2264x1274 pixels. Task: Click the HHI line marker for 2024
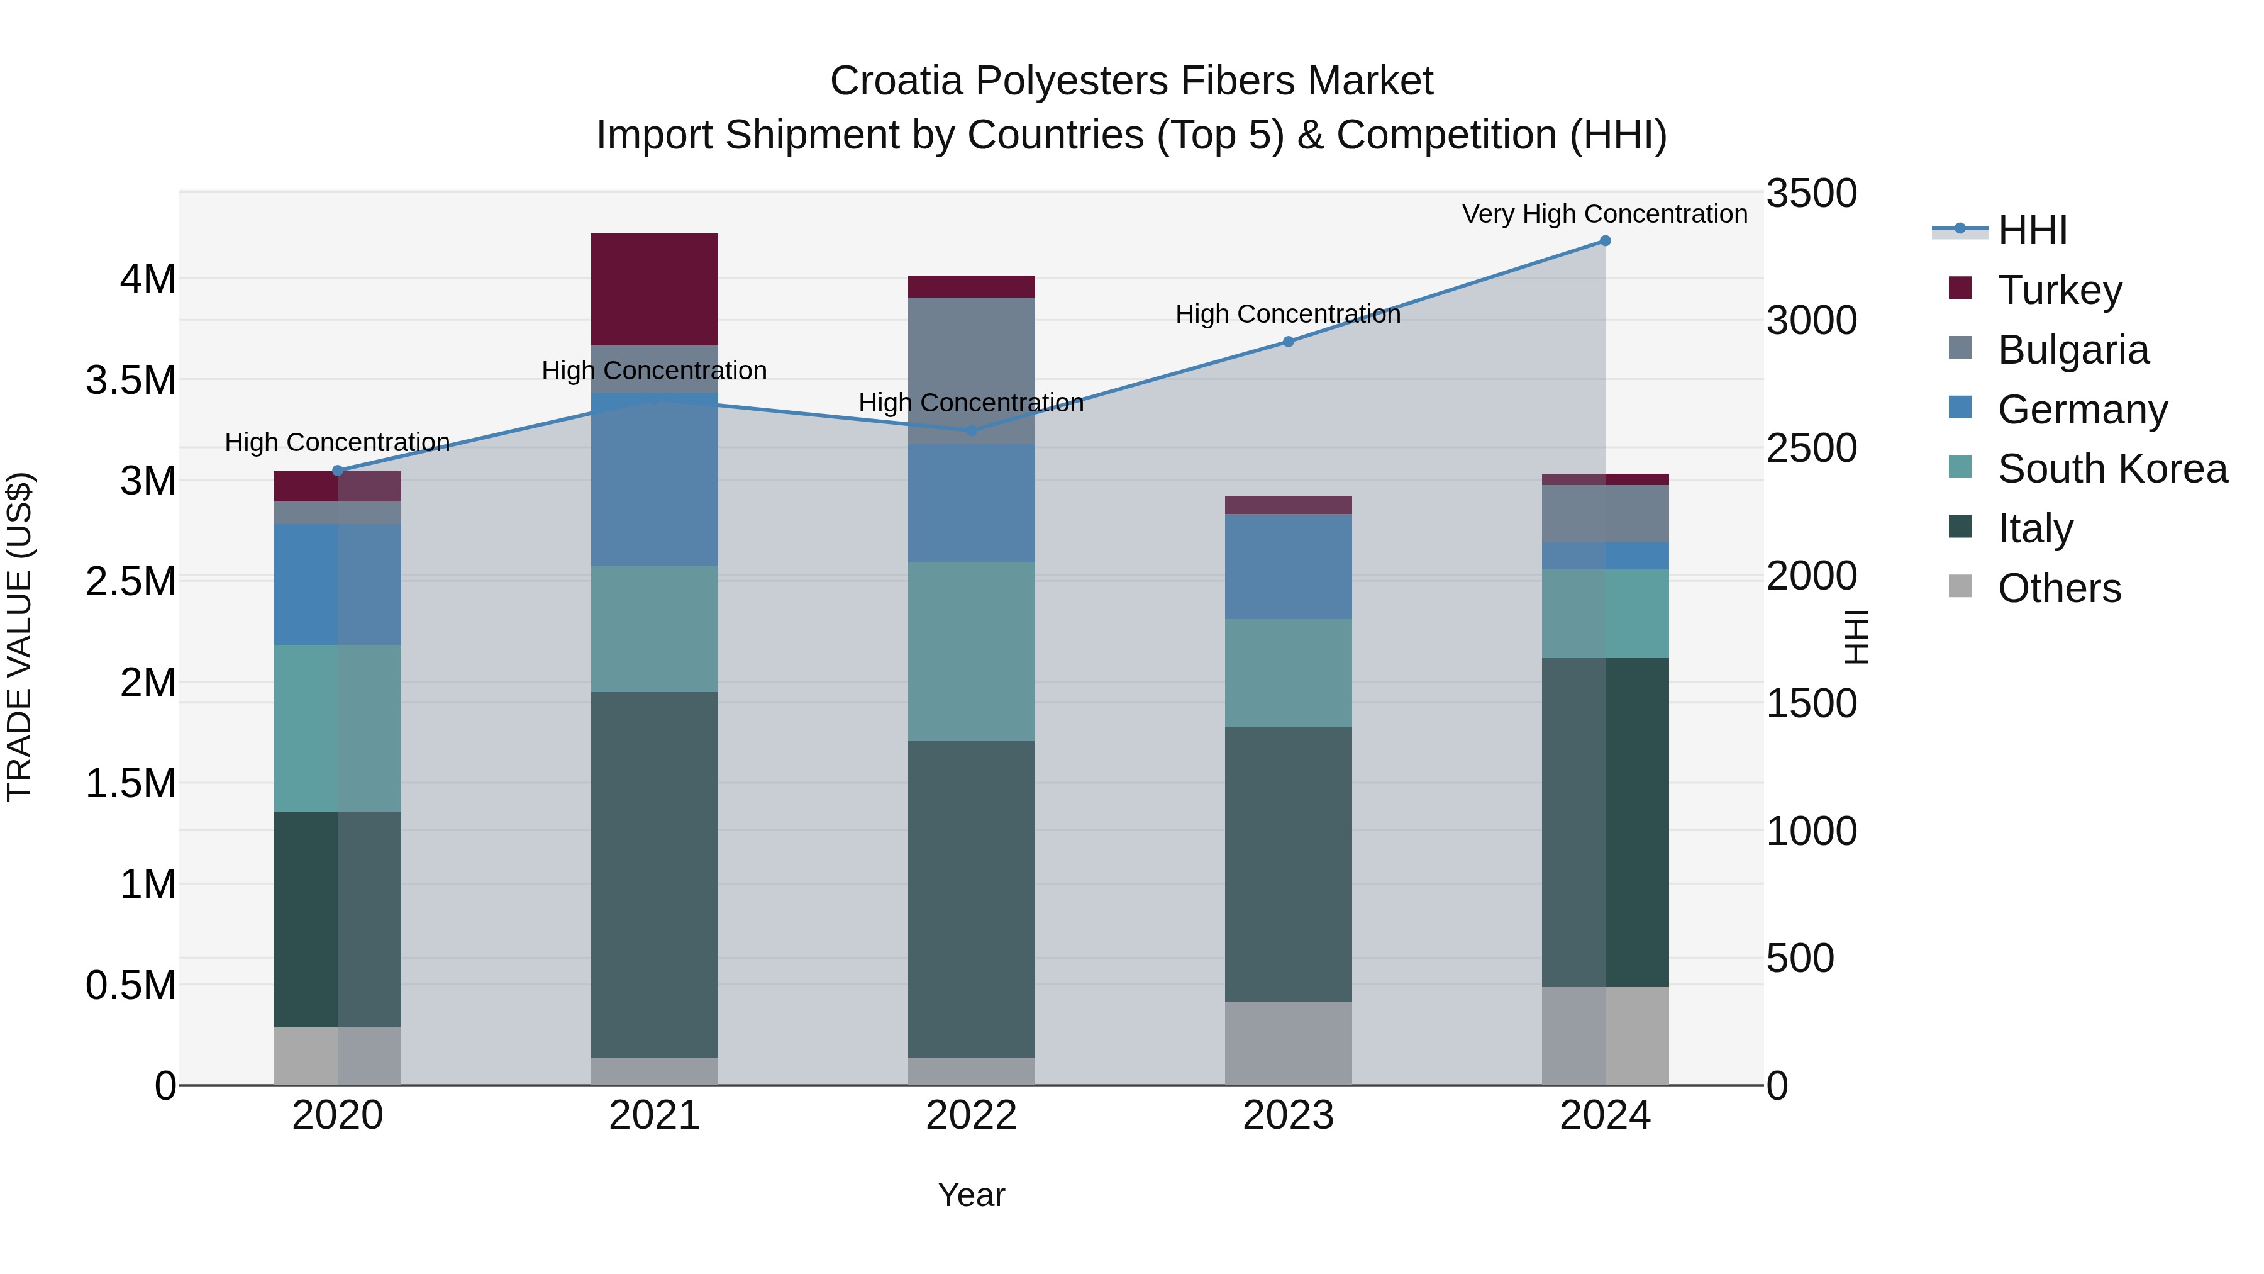(1605, 241)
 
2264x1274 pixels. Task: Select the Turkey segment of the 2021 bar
(655, 289)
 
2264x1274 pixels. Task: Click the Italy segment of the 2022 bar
(971, 898)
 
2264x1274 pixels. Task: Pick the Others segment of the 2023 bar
(1289, 1042)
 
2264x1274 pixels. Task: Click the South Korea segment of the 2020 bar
(338, 728)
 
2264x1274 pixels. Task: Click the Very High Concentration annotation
(1605, 214)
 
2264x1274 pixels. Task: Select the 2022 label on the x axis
(971, 1115)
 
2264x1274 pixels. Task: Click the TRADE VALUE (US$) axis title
(19, 637)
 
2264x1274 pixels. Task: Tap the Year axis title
(971, 1195)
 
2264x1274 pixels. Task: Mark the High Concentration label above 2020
(338, 442)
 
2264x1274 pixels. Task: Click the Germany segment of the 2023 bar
(1289, 567)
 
